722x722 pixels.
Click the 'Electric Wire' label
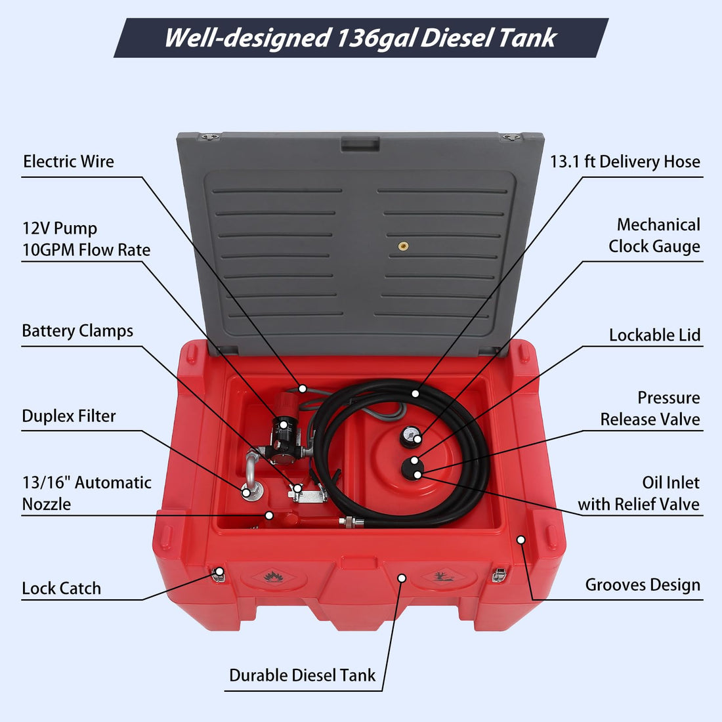click(69, 161)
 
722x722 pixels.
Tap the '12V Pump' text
click(60, 228)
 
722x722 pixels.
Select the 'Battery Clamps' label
click(77, 331)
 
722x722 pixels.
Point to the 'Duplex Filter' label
click(69, 416)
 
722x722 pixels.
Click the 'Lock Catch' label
click(61, 589)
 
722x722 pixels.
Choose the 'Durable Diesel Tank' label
click(303, 675)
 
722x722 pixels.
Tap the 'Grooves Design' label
click(643, 585)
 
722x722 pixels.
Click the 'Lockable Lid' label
click(655, 335)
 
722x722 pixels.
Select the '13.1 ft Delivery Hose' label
click(626, 161)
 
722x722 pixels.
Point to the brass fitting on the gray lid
click(404, 246)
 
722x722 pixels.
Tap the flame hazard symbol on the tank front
click(273, 576)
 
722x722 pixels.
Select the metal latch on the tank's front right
click(499, 575)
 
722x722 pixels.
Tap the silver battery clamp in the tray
click(308, 494)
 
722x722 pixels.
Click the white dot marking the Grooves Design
click(520, 540)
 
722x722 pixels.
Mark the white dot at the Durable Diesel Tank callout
click(402, 578)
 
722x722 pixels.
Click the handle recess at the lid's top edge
click(360, 144)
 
